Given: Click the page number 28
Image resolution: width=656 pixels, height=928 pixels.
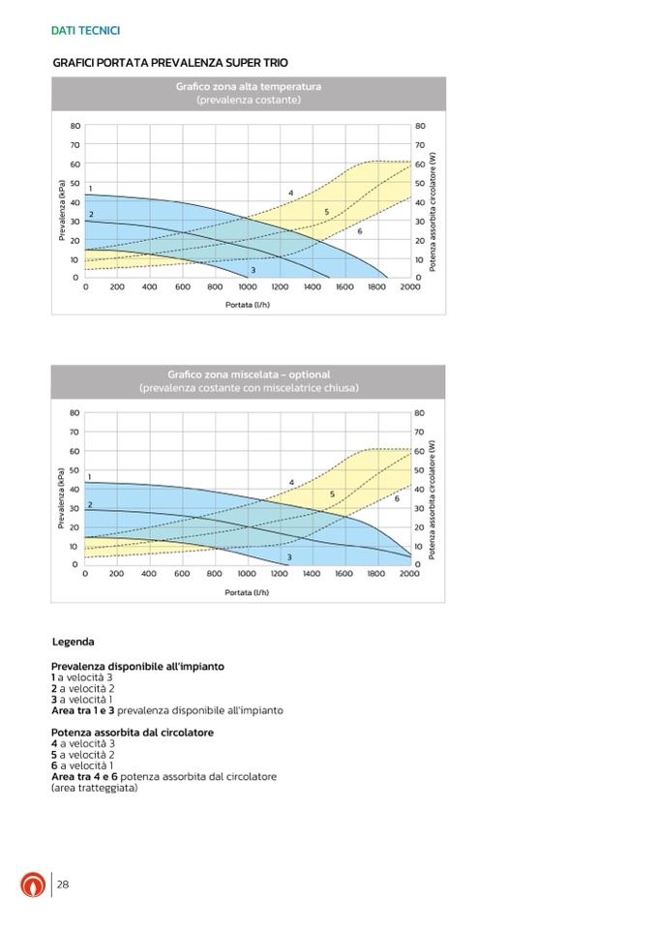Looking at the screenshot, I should [x=62, y=884].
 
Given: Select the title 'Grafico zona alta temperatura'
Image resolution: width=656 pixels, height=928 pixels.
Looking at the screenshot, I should [x=249, y=87].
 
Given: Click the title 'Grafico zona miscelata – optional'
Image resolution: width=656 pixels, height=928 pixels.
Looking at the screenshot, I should [x=249, y=374].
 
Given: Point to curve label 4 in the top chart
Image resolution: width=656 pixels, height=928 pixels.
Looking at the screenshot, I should [x=290, y=194].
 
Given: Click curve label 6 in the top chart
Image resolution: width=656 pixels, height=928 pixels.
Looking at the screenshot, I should [x=360, y=231].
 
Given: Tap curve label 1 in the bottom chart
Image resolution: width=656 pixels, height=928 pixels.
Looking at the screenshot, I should [x=90, y=477].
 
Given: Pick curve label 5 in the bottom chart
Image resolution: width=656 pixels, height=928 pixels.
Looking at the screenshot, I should [x=332, y=494].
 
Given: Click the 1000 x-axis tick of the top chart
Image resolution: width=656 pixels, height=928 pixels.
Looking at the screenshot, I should [x=247, y=287].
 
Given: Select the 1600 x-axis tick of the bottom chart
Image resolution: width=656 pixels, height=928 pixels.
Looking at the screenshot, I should [x=343, y=574].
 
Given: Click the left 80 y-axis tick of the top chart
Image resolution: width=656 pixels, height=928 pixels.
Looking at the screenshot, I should [x=75, y=126].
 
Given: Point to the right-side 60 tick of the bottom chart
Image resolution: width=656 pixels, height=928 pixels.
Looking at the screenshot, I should [x=419, y=451].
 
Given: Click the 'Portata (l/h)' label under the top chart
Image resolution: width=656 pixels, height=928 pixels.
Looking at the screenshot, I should [x=247, y=304].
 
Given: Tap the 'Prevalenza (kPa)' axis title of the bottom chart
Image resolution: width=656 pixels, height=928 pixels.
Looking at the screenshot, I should [x=62, y=498].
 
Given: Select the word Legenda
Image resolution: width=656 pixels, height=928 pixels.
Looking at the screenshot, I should [x=73, y=642].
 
